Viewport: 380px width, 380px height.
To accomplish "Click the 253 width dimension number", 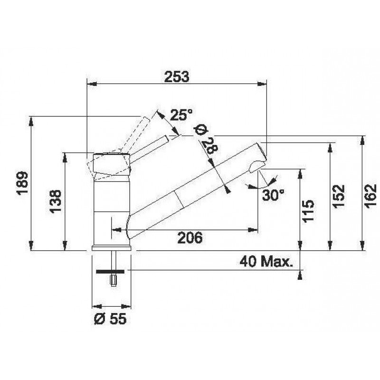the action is tap(176, 76).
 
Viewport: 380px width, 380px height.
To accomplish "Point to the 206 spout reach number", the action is tap(190, 237).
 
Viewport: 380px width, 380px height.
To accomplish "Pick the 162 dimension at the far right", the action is tap(371, 196).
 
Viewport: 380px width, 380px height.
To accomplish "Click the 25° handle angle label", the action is tap(181, 114).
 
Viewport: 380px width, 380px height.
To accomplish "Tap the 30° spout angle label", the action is tap(273, 195).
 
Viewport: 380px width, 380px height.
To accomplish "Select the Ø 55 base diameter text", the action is tap(110, 319).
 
